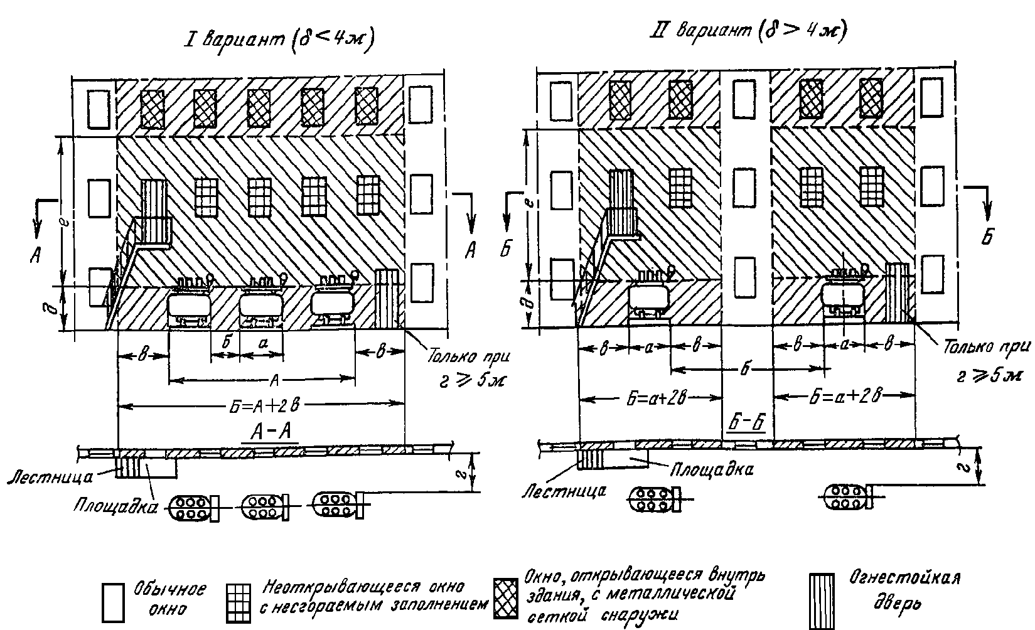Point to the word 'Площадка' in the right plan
coord(711,468)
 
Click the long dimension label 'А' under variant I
coord(274,378)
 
